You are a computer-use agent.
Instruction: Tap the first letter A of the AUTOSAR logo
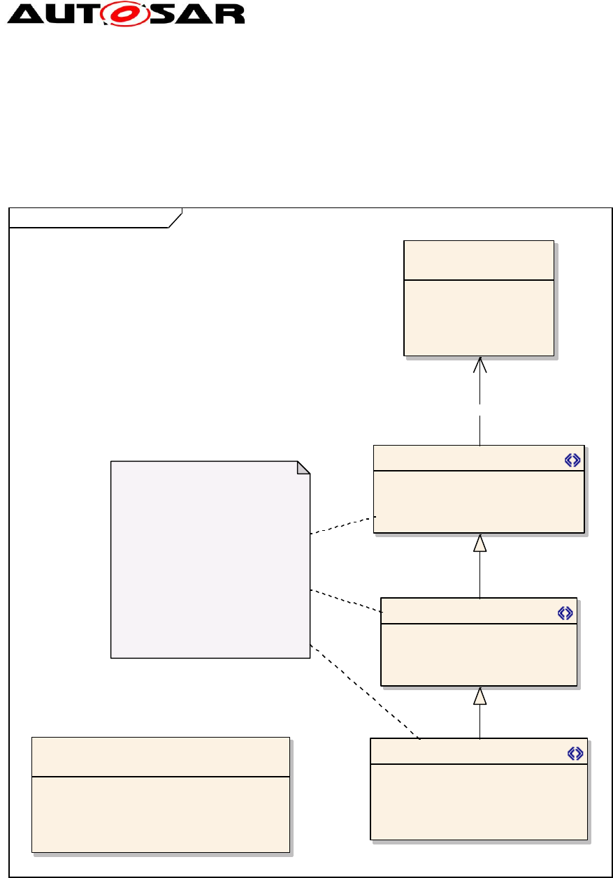(x=27, y=14)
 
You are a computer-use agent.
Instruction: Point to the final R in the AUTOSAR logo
(x=231, y=14)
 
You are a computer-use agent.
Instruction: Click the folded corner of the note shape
(x=303, y=467)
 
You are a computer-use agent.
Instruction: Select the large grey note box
(x=210, y=559)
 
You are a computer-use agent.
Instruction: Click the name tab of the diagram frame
(x=91, y=217)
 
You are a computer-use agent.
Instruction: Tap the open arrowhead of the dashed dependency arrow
(x=479, y=364)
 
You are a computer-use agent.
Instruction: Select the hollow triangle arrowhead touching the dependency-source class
(x=479, y=543)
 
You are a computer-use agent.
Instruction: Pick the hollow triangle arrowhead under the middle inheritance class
(x=479, y=696)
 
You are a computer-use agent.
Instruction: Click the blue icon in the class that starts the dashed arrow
(x=572, y=460)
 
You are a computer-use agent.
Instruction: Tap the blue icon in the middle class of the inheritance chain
(x=565, y=613)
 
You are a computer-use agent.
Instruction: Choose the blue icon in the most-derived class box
(x=575, y=753)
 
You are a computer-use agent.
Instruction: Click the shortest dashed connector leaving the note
(x=342, y=525)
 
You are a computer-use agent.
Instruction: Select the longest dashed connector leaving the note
(x=363, y=692)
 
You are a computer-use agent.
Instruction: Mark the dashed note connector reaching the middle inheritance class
(x=346, y=601)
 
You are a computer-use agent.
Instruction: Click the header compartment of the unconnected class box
(x=161, y=756)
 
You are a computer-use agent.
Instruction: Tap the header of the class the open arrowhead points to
(x=479, y=260)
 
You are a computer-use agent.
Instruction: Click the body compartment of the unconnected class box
(x=161, y=814)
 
